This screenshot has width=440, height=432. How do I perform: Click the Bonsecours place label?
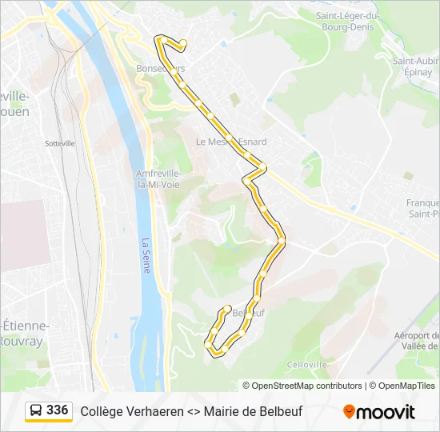[x=160, y=69]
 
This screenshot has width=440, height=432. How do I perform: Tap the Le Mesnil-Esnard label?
[x=231, y=142]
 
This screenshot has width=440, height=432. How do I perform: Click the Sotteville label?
[x=60, y=143]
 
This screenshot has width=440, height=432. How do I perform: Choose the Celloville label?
[x=307, y=364]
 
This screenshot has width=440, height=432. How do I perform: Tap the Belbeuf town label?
[x=247, y=314]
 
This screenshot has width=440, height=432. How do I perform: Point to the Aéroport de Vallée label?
[x=417, y=341]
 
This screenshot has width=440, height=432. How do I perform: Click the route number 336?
[x=58, y=410]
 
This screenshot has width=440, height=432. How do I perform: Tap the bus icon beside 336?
[x=36, y=410]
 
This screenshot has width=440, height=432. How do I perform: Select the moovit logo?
[x=379, y=412]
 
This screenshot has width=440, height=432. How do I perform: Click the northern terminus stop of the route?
[x=183, y=43]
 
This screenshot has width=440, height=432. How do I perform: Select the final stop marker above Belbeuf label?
[x=228, y=308]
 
